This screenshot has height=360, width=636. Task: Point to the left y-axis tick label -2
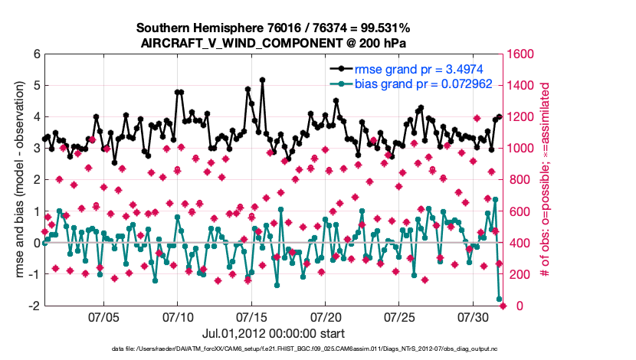tap(34, 306)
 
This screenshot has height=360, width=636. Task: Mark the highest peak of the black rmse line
tap(262, 80)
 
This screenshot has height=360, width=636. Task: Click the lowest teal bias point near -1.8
tap(500, 299)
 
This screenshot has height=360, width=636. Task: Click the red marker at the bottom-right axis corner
tap(503, 306)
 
